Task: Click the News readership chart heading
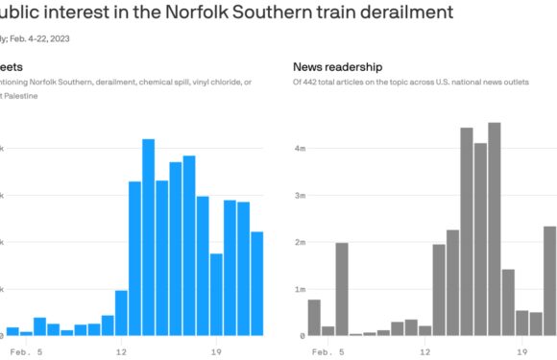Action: [337, 66]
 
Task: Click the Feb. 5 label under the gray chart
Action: [327, 351]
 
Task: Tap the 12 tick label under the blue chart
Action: [121, 351]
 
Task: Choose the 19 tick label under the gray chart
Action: [521, 351]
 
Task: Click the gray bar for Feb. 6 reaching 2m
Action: [342, 288]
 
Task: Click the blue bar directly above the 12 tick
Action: [121, 312]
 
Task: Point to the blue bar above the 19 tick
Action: [216, 294]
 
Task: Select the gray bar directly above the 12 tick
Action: [424, 330]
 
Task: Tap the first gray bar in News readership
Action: [314, 317]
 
